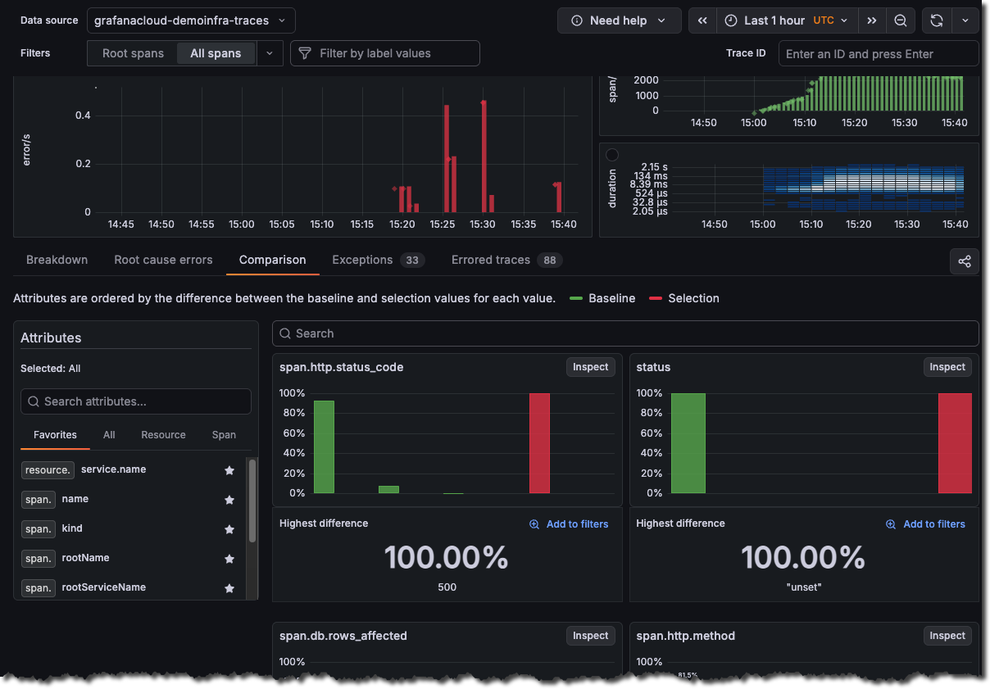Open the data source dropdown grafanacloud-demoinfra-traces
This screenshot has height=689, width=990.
tap(191, 20)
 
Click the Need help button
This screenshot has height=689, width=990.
tap(619, 20)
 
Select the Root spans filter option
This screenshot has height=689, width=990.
tap(133, 53)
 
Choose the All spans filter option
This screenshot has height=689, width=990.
tap(216, 53)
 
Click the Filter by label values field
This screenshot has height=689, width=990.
tap(385, 53)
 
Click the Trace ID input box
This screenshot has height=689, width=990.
tap(878, 54)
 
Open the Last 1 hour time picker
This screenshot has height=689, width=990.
tap(786, 20)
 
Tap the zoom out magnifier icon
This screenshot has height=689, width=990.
tap(900, 20)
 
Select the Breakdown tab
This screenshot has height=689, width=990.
tap(57, 260)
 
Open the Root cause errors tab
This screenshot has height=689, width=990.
tap(163, 260)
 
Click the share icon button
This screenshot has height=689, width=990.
tap(964, 261)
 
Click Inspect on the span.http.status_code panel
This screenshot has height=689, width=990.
tap(590, 367)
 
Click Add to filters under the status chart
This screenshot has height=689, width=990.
tap(926, 524)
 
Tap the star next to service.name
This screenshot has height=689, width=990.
tap(229, 470)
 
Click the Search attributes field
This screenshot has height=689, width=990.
tap(136, 401)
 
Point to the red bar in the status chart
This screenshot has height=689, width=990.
tap(955, 443)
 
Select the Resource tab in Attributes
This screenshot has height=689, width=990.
tap(163, 435)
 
